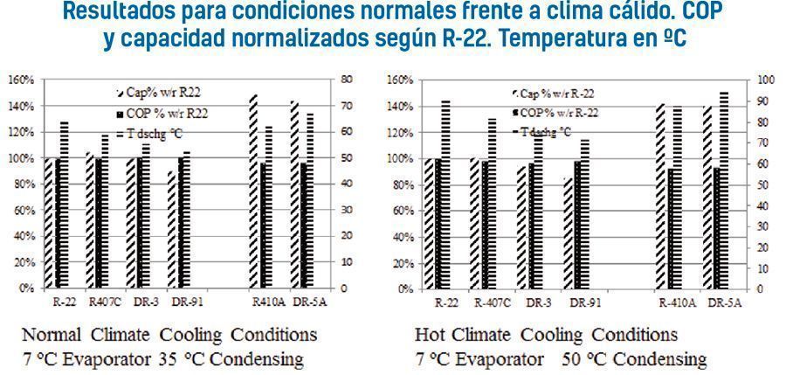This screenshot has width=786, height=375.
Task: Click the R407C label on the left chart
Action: point(100,302)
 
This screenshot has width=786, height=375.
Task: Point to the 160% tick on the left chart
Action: point(21,80)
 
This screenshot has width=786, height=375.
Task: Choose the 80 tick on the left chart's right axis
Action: point(347,80)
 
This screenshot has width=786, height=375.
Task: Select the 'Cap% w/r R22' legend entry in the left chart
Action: point(169,92)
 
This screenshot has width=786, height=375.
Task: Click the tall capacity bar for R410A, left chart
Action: point(253,192)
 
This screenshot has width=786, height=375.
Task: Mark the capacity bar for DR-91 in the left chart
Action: point(172,229)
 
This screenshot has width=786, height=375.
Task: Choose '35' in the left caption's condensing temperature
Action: point(169,358)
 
